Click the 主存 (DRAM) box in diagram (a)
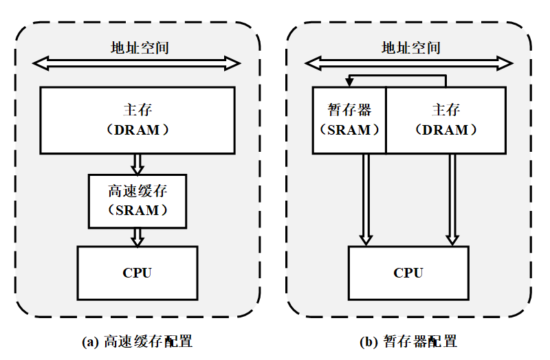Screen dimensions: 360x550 [x=137, y=120]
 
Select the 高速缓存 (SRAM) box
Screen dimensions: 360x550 [x=137, y=200]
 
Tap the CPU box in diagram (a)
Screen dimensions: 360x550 [x=137, y=273]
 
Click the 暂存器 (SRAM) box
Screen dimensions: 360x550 [x=349, y=120]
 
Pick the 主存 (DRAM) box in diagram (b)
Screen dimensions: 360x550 [x=446, y=120]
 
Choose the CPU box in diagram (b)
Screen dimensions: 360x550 [x=408, y=273]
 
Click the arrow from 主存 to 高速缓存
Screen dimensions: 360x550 [x=137, y=164]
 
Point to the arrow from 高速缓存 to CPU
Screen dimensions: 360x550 [x=137, y=237]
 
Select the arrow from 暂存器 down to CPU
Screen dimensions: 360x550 [x=366, y=199]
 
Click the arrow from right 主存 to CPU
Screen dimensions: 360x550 [x=452, y=199]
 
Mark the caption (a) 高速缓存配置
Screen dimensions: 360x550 [x=137, y=341]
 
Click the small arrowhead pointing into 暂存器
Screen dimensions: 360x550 [x=349, y=82]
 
